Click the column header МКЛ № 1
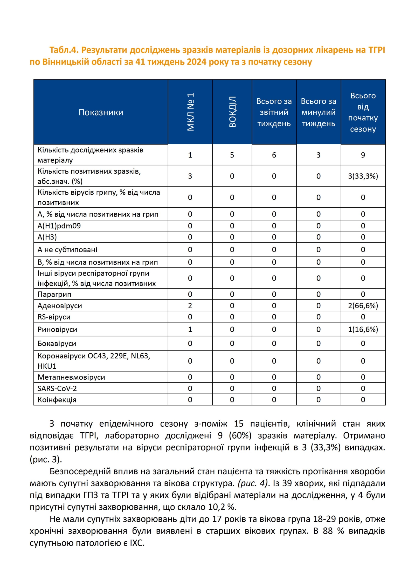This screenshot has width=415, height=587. pos(190,112)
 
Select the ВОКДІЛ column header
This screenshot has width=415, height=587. pos(232,112)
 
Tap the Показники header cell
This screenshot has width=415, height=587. pos(101,112)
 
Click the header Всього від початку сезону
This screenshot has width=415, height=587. pos(363,112)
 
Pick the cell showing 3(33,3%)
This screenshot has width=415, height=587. pos(363,176)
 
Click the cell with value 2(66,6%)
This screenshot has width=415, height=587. pos(363,306)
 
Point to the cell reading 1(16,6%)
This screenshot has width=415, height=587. pos(363,330)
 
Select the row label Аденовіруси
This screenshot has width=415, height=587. pos(60,306)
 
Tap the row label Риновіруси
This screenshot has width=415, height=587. pos(57,330)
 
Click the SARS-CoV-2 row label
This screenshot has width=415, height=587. pos(57,388)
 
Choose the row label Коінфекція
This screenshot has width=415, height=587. pos(57,400)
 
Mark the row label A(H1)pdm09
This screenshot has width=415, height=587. pos(59,226)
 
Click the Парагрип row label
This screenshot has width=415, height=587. pos(54,294)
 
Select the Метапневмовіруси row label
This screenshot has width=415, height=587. pos(71,377)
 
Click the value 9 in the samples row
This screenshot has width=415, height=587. pos(363,155)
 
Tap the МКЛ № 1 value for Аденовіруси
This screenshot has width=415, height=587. pos(190,306)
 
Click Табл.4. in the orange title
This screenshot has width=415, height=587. pos(64,50)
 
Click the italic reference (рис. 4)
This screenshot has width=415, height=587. pos(252,483)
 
